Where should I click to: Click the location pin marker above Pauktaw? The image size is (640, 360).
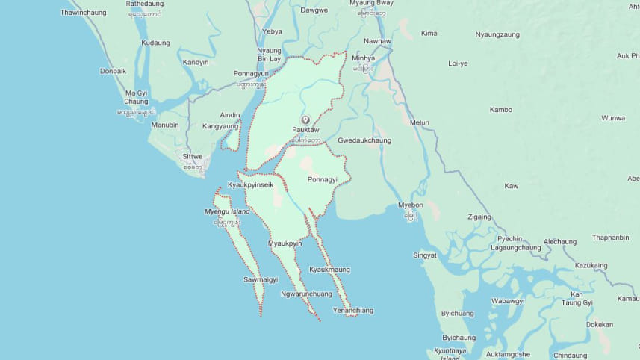coord(305,120)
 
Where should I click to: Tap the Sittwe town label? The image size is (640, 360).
coord(193,158)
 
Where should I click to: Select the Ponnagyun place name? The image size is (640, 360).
coord(250,75)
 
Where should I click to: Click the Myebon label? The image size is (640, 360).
coord(411,205)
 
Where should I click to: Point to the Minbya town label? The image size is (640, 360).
coord(363,58)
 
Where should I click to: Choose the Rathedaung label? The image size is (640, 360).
coord(144,4)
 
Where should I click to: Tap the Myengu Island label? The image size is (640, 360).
coord(227,212)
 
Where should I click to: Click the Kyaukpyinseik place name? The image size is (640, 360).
coord(250,184)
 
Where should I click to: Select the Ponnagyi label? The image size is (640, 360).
coord(322,180)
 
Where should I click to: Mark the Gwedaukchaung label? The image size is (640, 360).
coord(364,140)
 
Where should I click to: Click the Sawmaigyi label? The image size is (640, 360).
coord(260,279)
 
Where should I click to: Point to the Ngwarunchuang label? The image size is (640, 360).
coord(306,294)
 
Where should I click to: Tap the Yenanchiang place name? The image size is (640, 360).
coord(353,310)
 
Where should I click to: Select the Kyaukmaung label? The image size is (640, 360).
coord(329,270)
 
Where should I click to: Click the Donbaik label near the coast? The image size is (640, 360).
coord(114,71)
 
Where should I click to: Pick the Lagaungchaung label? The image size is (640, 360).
coord(515,247)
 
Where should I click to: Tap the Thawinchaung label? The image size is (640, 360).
coord(84,13)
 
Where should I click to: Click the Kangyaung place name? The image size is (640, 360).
coord(220,126)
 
